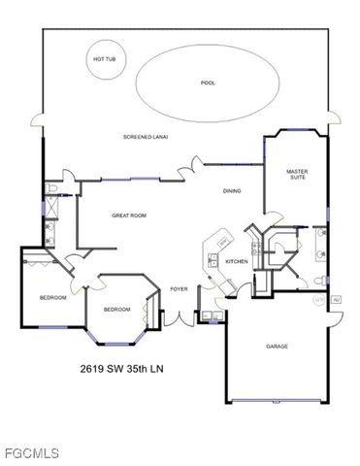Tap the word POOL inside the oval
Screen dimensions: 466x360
(x=207, y=83)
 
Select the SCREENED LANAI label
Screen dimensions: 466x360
(x=145, y=137)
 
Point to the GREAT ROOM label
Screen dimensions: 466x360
(x=128, y=215)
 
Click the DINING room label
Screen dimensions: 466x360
(x=232, y=190)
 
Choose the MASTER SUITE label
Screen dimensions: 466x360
(x=297, y=174)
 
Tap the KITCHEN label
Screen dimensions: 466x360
(x=237, y=261)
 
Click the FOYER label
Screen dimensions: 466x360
(x=179, y=288)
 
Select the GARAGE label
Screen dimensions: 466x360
(x=278, y=347)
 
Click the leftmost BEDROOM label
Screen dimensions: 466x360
(x=52, y=297)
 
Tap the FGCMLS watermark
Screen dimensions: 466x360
(x=31, y=453)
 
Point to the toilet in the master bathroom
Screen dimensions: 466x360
(x=319, y=283)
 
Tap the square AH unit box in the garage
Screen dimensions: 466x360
(x=335, y=301)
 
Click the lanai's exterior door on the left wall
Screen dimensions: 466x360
(x=39, y=121)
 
